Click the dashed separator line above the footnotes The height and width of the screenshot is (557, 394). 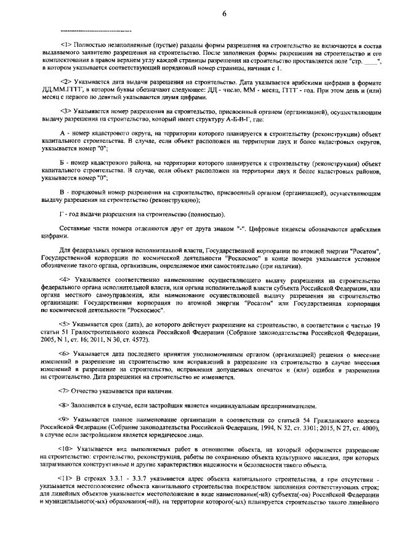click(95, 30)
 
